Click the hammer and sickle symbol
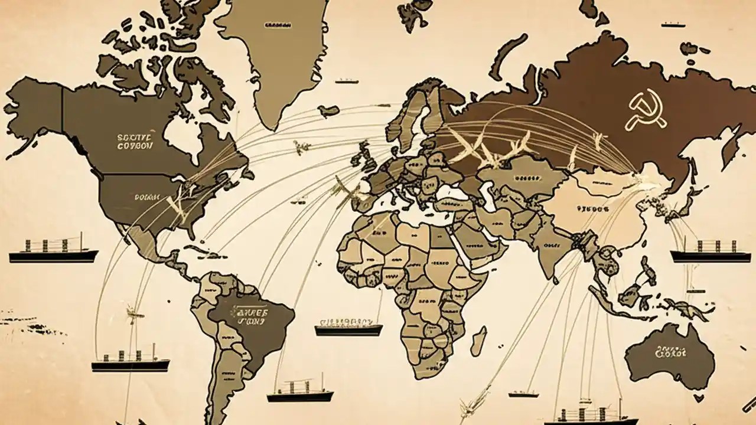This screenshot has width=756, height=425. [x=646, y=109]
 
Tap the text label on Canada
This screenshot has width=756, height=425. [x=135, y=140]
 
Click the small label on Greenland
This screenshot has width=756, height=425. [x=278, y=25]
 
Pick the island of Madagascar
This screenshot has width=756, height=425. [x=478, y=341]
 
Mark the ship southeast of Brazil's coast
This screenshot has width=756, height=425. [x=299, y=391]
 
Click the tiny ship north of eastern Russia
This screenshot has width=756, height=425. [x=673, y=24]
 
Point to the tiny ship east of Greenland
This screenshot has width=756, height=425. [x=347, y=80]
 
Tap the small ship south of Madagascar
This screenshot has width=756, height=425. [x=523, y=394]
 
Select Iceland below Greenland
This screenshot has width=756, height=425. [x=328, y=110]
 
